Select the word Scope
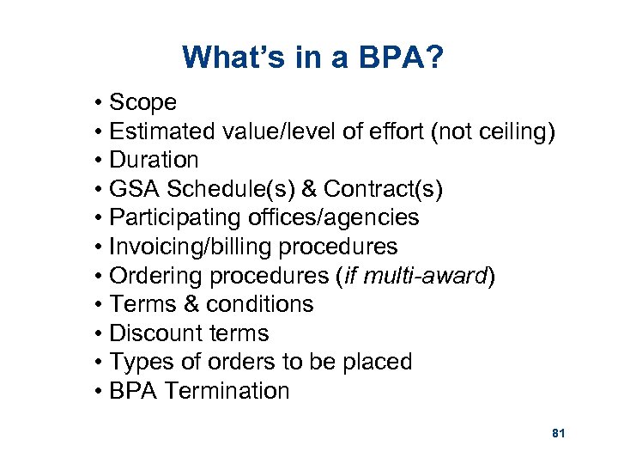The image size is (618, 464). coord(143,103)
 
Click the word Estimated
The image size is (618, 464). coord(162,131)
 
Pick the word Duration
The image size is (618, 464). coord(154,161)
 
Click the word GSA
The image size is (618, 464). coord(136,189)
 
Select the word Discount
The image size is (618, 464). coord(155,333)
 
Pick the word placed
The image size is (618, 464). coord(377,363)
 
